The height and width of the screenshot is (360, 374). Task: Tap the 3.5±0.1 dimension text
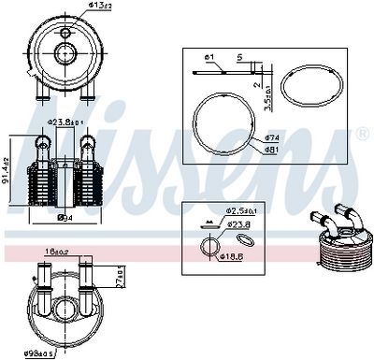point(268,97)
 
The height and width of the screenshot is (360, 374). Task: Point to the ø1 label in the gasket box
point(210,58)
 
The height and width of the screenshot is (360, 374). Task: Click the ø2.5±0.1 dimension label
point(243,212)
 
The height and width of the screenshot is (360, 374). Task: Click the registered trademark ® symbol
point(362,135)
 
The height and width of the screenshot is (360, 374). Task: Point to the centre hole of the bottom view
point(64,308)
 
